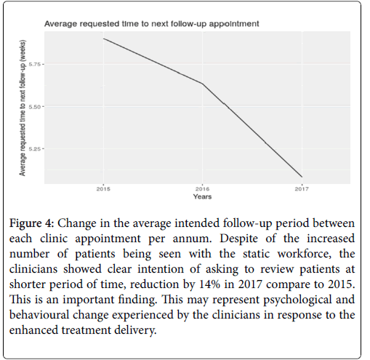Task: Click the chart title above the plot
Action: pyautogui.click(x=152, y=24)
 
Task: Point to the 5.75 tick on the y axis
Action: pyautogui.click(x=35, y=64)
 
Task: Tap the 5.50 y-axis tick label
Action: pyautogui.click(x=35, y=106)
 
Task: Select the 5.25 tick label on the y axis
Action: pyautogui.click(x=35, y=148)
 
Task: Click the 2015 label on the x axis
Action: pyautogui.click(x=103, y=188)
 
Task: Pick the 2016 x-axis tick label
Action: pyautogui.click(x=203, y=188)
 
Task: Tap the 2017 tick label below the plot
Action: pyautogui.click(x=302, y=188)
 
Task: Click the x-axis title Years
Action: pyautogui.click(x=202, y=196)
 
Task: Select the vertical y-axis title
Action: pyautogui.click(x=23, y=108)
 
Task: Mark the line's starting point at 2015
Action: pyautogui.click(x=103, y=39)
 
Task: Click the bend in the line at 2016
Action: pyautogui.click(x=203, y=84)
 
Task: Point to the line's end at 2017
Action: pyautogui.click(x=302, y=177)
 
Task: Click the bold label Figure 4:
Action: pyautogui.click(x=31, y=223)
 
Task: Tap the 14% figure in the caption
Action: pyautogui.click(x=209, y=284)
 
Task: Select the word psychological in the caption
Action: pyautogui.click(x=297, y=300)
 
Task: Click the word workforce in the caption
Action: pyautogui.click(x=305, y=254)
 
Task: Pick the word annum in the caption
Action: pyautogui.click(x=192, y=239)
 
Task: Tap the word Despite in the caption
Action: pyautogui.click(x=238, y=239)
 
